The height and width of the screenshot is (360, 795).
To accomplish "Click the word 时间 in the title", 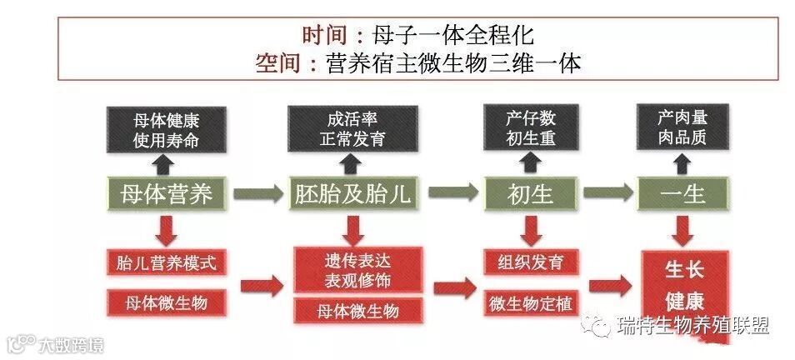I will click(324, 35).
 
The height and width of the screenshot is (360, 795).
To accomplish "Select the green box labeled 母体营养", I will click(167, 194).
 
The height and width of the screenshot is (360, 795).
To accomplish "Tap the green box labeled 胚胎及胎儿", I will click(353, 194).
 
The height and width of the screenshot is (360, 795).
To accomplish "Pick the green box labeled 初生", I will click(530, 194).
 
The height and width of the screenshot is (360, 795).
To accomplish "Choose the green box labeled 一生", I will click(683, 194).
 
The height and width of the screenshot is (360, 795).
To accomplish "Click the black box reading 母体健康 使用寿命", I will click(167, 129).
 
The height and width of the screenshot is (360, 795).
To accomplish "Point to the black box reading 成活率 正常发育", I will click(353, 129).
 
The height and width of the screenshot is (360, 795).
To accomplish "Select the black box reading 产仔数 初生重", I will click(530, 129).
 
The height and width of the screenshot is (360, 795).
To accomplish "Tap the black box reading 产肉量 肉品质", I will click(683, 129).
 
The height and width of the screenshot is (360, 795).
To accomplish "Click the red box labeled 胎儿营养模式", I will click(167, 263).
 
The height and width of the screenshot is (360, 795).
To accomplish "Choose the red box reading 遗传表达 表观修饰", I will click(353, 270).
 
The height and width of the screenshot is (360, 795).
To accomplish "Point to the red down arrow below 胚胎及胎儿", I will click(353, 227).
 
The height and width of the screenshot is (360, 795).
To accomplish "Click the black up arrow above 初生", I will click(530, 164).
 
